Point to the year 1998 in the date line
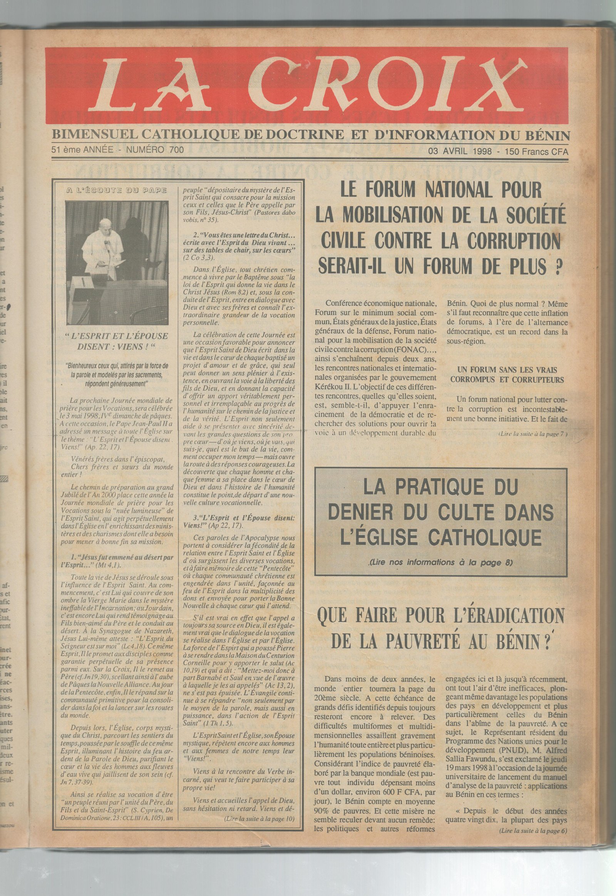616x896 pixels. pos(480,151)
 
